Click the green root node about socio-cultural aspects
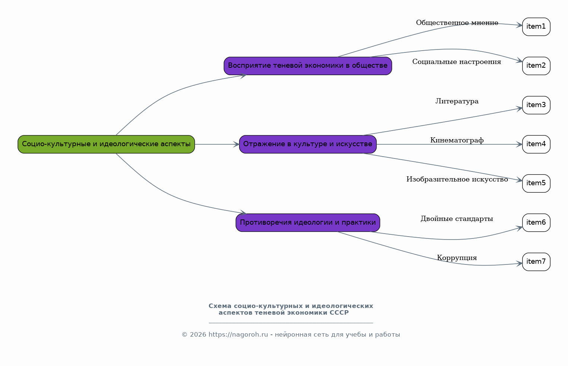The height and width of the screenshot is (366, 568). tap(106, 144)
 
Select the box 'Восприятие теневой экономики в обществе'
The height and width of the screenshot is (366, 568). tap(308, 66)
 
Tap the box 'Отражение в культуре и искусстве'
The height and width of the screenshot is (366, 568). tap(308, 144)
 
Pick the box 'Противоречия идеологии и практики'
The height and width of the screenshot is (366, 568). tap(308, 223)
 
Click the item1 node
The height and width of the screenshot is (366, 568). tap(536, 27)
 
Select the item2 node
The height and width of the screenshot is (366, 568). tap(536, 66)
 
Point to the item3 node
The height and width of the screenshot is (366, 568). tap(536, 105)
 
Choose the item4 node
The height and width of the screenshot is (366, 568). tap(536, 144)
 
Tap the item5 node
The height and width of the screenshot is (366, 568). tap(536, 183)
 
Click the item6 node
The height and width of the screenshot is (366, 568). tap(536, 223)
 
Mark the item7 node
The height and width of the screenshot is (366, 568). tap(536, 262)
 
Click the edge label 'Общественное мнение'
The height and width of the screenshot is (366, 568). tap(457, 23)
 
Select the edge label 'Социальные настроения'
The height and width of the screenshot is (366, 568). tap(457, 62)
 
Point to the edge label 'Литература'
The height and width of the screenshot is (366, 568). tap(457, 101)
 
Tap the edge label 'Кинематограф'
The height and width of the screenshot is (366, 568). tap(457, 140)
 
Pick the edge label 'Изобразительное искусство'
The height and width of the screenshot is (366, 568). tap(457, 179)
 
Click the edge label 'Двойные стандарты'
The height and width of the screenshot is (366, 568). tap(457, 219)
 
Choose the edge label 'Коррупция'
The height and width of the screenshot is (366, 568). tap(457, 258)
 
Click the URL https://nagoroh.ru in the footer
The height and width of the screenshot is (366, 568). tap(238, 335)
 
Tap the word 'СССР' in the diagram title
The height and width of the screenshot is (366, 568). tap(339, 313)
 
